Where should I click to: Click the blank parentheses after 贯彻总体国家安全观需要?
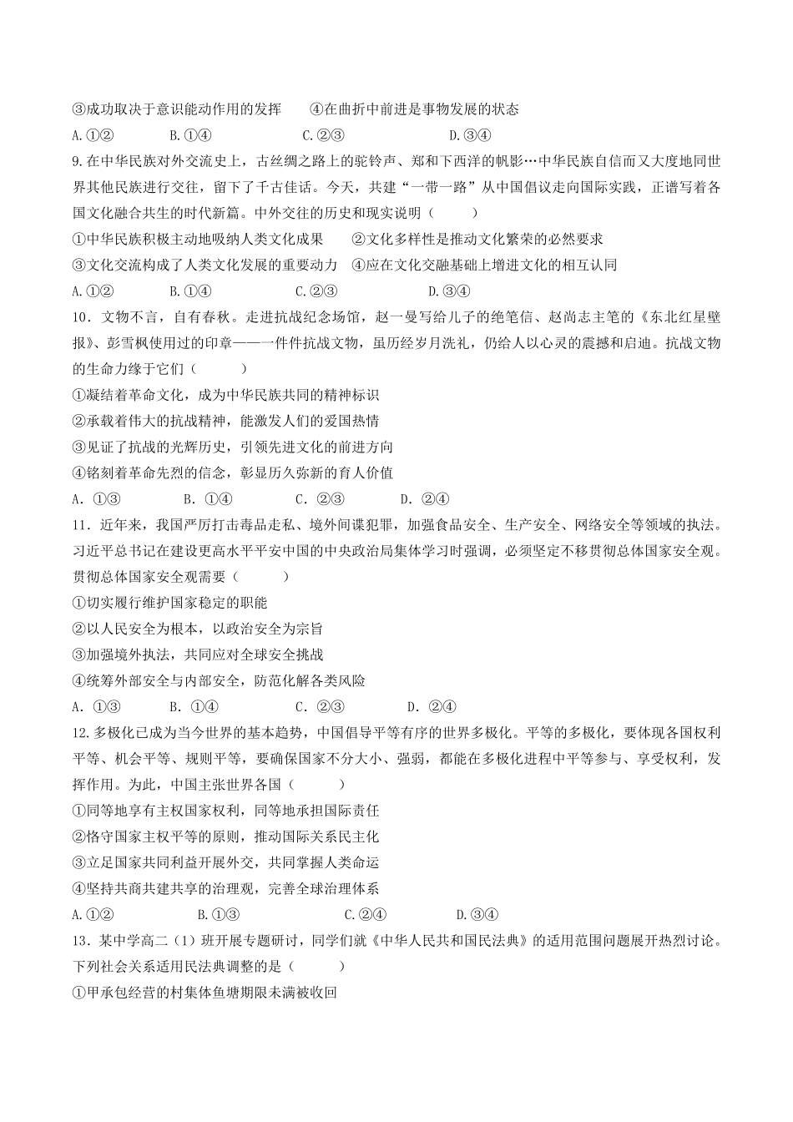(x=263, y=577)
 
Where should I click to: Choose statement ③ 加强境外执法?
(x=198, y=654)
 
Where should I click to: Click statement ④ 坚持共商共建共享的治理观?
(x=225, y=888)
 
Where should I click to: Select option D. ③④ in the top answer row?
(x=470, y=135)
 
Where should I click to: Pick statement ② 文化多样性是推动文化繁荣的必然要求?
(x=477, y=240)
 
